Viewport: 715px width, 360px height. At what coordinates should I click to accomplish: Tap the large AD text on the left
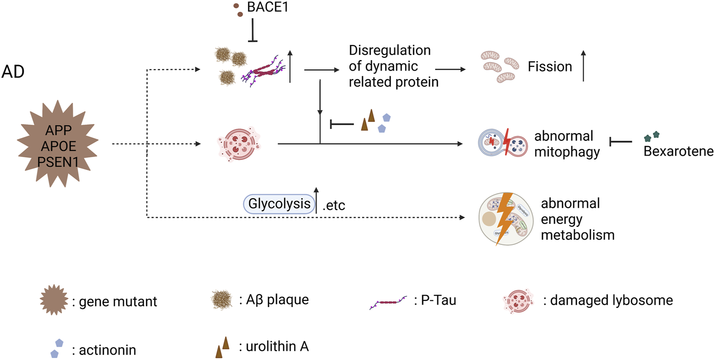14,73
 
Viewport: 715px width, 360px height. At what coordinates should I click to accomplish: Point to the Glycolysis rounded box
279,204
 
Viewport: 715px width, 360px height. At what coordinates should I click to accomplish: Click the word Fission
550,66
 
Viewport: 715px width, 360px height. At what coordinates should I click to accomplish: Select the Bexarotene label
678,152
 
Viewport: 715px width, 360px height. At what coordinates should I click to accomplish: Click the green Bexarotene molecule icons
652,137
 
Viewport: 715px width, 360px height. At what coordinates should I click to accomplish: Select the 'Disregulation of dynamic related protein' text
394,66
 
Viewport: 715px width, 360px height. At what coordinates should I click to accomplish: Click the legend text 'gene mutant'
114,302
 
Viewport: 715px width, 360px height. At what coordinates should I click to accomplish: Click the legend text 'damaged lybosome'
608,300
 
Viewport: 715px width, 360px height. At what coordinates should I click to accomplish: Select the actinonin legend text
104,350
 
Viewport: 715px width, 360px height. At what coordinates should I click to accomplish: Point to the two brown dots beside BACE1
237,10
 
